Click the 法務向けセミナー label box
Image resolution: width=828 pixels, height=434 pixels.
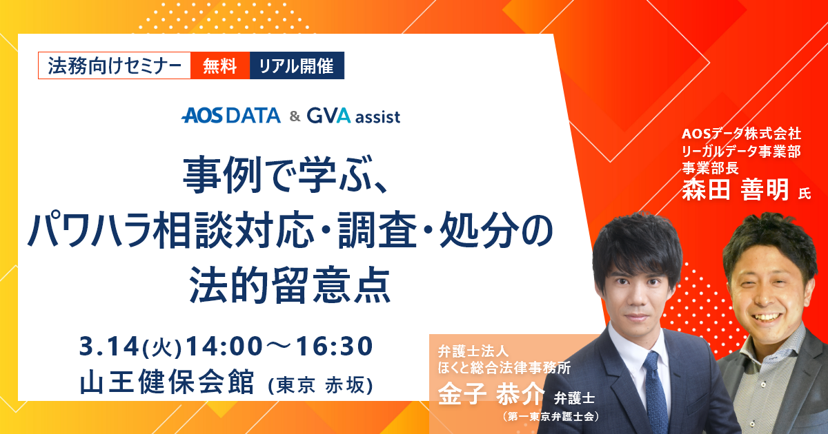point(115,65)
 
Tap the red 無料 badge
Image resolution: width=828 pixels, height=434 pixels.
point(220,65)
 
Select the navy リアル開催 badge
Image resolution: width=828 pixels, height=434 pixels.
point(297,65)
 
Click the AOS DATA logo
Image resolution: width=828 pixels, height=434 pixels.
point(231,116)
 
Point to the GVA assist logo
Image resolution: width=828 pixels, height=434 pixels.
point(353,116)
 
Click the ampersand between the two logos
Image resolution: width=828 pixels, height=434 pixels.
point(295,116)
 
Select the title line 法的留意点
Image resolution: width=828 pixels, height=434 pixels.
point(290,285)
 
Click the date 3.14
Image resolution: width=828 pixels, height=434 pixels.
point(109,346)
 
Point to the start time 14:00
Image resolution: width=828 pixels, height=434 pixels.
point(224,346)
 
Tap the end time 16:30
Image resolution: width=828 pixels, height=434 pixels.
point(334,346)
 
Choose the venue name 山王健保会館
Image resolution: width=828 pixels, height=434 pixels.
point(167,381)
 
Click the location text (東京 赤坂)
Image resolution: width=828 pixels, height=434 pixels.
point(320,386)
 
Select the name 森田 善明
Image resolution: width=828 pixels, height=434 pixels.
point(736,189)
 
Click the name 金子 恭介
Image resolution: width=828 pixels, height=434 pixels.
point(491,393)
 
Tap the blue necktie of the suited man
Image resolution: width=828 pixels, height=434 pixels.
point(655,392)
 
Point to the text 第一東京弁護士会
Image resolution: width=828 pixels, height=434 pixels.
point(550,417)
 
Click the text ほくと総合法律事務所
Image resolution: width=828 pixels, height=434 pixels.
point(504,368)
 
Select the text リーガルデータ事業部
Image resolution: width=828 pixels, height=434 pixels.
point(741,152)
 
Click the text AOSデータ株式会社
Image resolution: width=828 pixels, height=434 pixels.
point(741,134)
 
